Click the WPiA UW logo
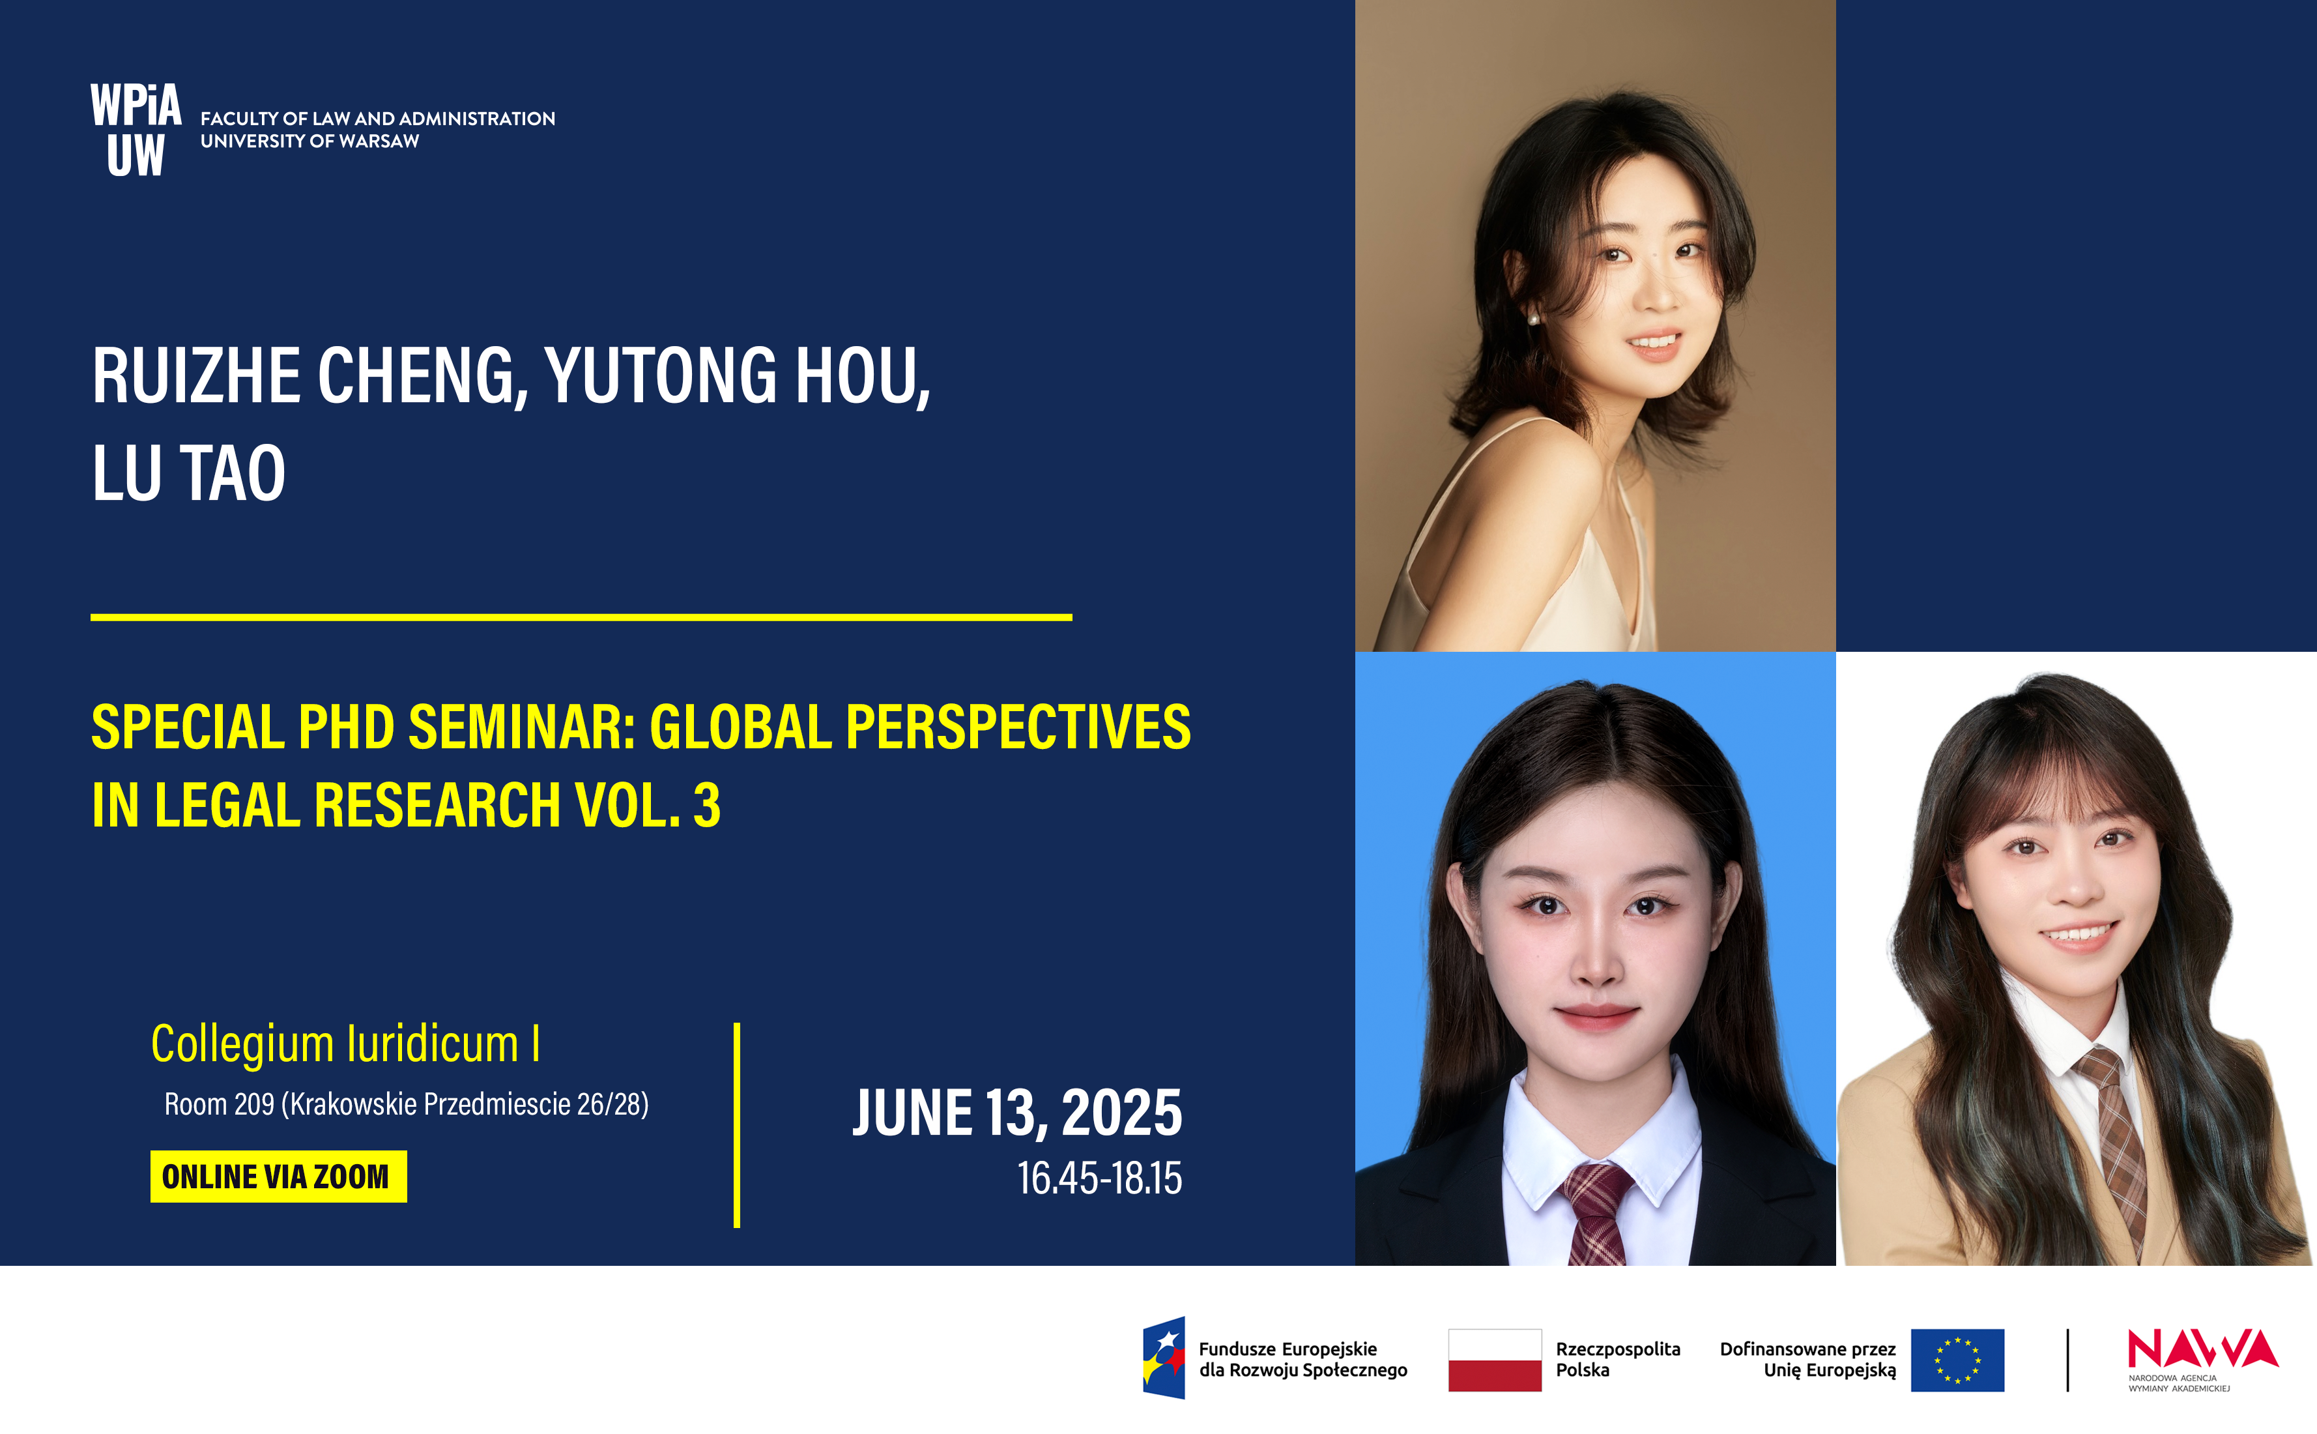tap(136, 130)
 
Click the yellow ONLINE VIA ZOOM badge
tap(278, 1176)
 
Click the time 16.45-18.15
tap(1100, 1178)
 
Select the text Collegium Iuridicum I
tap(345, 1045)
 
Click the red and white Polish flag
tap(1494, 1360)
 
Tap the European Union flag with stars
tap(1957, 1360)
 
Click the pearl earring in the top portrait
tap(1533, 319)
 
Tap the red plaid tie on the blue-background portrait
tap(1598, 1215)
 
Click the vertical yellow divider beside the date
tap(737, 1125)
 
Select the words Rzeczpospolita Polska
tap(1617, 1359)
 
